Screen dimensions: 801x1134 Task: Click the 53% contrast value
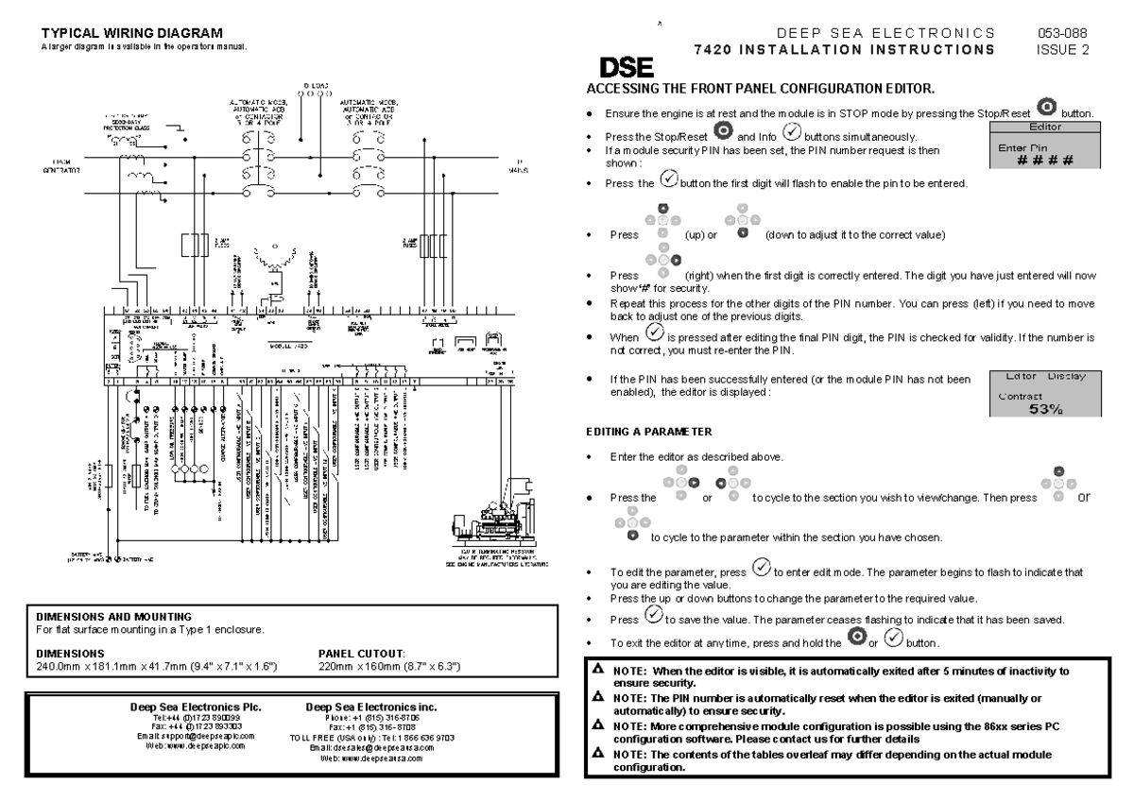pyautogui.click(x=1043, y=408)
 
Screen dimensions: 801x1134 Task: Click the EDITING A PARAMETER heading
pyautogui.click(x=649, y=432)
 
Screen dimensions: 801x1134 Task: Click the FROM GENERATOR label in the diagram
pyautogui.click(x=60, y=166)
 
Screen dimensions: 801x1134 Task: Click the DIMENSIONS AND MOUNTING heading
pyautogui.click(x=113, y=616)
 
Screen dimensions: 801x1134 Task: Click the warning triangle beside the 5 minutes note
pyautogui.click(x=595, y=670)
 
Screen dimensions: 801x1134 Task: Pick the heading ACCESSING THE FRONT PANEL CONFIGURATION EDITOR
pyautogui.click(x=761, y=89)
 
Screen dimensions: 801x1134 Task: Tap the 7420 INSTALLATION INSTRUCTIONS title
pyautogui.click(x=843, y=48)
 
